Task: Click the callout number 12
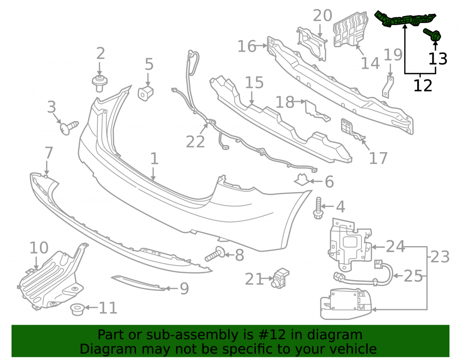[x=423, y=86]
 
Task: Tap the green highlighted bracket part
[x=405, y=19]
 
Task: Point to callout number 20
[x=322, y=15]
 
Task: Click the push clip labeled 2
[x=100, y=83]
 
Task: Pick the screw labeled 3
[x=69, y=128]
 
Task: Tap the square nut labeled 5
[x=146, y=93]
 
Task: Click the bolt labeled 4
[x=318, y=208]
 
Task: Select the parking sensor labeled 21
[x=280, y=277]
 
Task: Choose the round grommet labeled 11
[x=77, y=309]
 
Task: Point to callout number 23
[x=440, y=257]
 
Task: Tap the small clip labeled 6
[x=301, y=180]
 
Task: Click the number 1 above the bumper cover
[x=154, y=159]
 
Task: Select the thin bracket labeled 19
[x=389, y=87]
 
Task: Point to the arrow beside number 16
[x=261, y=46]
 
